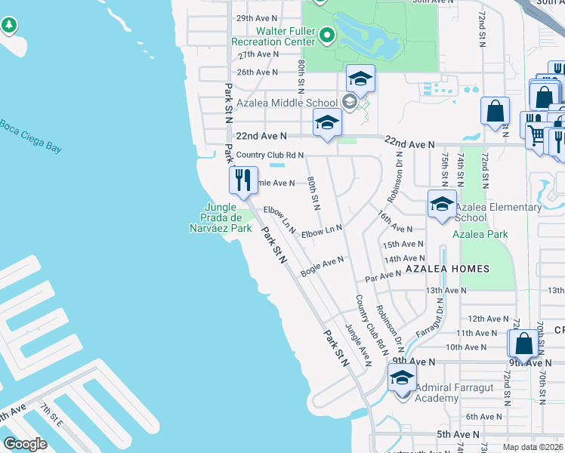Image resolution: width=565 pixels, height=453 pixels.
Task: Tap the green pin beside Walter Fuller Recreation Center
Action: pos(327,35)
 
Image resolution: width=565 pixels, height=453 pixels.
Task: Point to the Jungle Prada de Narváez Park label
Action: pos(220,217)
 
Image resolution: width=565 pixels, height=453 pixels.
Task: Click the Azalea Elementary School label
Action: pos(498,212)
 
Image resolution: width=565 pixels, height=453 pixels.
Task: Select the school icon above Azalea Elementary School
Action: pos(442,203)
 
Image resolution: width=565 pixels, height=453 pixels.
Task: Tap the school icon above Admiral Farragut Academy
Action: pos(402,377)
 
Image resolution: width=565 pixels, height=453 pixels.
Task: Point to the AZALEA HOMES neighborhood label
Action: pos(447,269)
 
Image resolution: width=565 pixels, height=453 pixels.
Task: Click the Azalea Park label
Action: pos(480,234)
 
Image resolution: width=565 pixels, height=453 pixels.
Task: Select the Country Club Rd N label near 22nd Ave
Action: pos(270,155)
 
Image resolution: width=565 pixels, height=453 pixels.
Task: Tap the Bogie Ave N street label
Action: pos(322,266)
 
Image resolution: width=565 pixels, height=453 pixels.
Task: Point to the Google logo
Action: pos(24,444)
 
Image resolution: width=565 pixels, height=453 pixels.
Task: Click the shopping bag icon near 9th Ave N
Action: pos(523,344)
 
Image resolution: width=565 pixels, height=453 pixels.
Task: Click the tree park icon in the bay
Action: pos(9,26)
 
